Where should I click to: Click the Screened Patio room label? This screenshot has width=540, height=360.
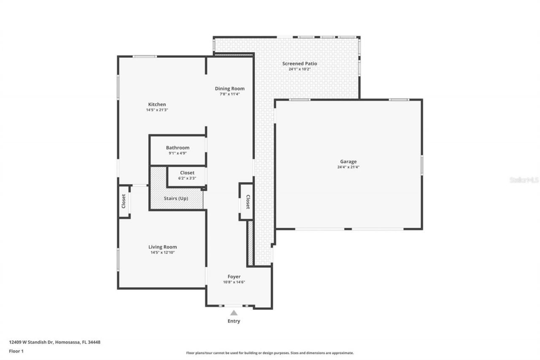[300, 64]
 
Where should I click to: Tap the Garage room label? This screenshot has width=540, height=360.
[348, 162]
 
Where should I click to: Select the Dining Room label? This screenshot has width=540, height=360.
[229, 89]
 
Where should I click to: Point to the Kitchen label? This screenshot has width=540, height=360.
[157, 105]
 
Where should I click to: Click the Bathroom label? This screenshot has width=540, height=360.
[178, 148]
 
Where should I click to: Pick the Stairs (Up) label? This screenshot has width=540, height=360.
[176, 198]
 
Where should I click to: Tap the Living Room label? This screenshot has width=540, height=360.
[162, 247]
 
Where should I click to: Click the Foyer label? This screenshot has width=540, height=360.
[234, 276]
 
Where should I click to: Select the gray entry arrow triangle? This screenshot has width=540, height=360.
[234, 313]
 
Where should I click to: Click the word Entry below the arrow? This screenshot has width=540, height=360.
[234, 321]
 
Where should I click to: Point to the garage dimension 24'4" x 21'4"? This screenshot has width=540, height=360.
[348, 167]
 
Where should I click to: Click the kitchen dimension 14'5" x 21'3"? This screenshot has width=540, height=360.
[157, 110]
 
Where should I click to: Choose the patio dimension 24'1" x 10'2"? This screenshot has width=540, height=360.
[300, 69]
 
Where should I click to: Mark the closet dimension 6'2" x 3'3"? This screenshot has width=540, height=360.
[187, 179]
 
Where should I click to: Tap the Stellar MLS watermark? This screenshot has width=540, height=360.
[524, 180]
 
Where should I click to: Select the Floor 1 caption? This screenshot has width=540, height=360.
[16, 351]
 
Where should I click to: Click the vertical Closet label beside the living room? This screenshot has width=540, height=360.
[124, 201]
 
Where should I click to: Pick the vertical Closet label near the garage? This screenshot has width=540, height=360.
[248, 202]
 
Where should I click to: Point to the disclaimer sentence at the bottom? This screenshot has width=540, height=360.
[270, 353]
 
